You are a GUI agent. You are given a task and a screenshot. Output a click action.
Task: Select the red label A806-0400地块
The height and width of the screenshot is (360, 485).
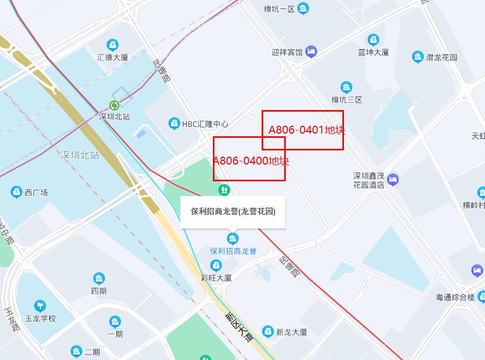click(x=251, y=161)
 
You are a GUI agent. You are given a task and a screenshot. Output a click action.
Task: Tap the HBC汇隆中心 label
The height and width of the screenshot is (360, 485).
click(x=204, y=124)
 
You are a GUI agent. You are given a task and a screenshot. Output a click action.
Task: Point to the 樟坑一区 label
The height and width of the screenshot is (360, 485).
click(x=279, y=9)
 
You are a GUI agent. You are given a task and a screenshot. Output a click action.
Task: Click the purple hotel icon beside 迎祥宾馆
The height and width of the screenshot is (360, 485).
click(x=311, y=51)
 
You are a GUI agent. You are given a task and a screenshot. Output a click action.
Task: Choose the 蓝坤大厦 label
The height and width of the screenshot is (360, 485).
click(x=373, y=52)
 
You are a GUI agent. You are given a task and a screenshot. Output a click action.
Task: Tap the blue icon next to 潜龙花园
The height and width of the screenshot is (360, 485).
click(x=418, y=57)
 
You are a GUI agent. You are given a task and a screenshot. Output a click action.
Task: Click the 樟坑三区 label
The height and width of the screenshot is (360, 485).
click(x=347, y=99)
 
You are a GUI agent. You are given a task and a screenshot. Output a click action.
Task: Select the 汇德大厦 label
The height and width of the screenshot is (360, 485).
click(x=113, y=57)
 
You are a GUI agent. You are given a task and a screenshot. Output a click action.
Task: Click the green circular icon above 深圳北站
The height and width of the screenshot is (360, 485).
click(x=114, y=105)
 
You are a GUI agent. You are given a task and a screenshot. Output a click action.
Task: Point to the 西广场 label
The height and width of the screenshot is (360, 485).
click(x=36, y=192)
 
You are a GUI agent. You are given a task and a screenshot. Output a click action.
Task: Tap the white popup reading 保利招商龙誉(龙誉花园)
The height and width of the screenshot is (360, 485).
click(x=233, y=212)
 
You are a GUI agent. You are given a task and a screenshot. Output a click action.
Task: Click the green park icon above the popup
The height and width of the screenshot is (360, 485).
click(x=224, y=188)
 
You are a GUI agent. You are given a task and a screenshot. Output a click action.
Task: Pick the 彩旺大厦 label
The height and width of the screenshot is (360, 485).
click(x=216, y=278)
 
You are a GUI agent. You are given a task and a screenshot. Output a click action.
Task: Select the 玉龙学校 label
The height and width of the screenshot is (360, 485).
click(x=40, y=318)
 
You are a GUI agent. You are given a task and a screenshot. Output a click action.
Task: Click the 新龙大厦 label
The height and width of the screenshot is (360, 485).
click(x=292, y=332)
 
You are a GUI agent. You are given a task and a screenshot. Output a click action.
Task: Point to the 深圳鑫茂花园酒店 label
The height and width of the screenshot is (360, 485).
click(x=369, y=180)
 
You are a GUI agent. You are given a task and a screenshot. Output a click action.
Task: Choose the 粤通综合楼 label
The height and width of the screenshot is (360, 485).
click(x=455, y=297)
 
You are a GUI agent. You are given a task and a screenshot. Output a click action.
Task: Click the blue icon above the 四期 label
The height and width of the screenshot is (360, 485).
click(x=99, y=279)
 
